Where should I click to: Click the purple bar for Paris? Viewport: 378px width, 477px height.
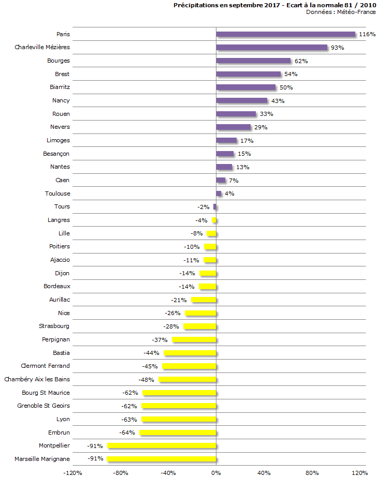tap(285, 34)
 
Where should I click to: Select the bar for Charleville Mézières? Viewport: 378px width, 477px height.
tap(271, 48)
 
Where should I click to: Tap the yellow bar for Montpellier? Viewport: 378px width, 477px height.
tap(161, 445)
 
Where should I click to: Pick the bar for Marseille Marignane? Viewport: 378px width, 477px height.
tap(161, 459)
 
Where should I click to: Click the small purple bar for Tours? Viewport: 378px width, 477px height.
tap(214, 207)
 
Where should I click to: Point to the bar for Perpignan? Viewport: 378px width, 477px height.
tap(194, 339)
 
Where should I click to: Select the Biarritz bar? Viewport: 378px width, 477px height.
tap(245, 87)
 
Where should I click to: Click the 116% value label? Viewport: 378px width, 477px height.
tap(367, 35)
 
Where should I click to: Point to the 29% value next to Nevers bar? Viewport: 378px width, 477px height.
tap(260, 127)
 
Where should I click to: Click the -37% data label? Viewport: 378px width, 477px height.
tap(160, 340)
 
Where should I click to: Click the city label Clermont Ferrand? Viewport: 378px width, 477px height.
tap(45, 366)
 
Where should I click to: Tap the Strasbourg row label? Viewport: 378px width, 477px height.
tap(54, 326)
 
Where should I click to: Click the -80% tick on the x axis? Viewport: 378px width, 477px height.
tap(120, 473)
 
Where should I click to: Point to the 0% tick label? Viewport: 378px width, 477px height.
tap(216, 473)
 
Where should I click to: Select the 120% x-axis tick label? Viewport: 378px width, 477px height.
tap(360, 473)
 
